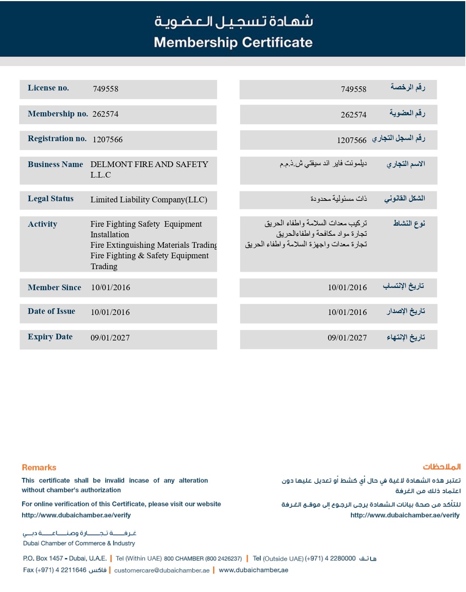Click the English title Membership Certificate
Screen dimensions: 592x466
pos(233,42)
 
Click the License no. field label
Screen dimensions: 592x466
pos(48,88)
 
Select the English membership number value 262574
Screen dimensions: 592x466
pos(105,114)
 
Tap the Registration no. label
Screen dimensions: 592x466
pos(57,139)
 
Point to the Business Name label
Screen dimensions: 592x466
pos(55,164)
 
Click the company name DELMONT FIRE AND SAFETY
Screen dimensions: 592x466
pos(149,164)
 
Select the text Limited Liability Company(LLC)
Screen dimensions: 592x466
pos(149,200)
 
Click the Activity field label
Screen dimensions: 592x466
pos(42,224)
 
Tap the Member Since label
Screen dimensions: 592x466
pos(54,288)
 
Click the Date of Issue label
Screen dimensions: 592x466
pos(51,311)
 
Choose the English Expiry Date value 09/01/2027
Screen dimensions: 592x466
pos(110,338)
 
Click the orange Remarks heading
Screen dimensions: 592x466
pos(39,467)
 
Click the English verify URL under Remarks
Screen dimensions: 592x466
pos(76,515)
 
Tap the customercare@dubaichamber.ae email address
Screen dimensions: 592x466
pos(162,570)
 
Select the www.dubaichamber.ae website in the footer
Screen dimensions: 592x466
pos(253,570)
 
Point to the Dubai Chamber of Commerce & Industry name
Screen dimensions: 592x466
pos(79,543)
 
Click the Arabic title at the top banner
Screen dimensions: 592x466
pos(233,21)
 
